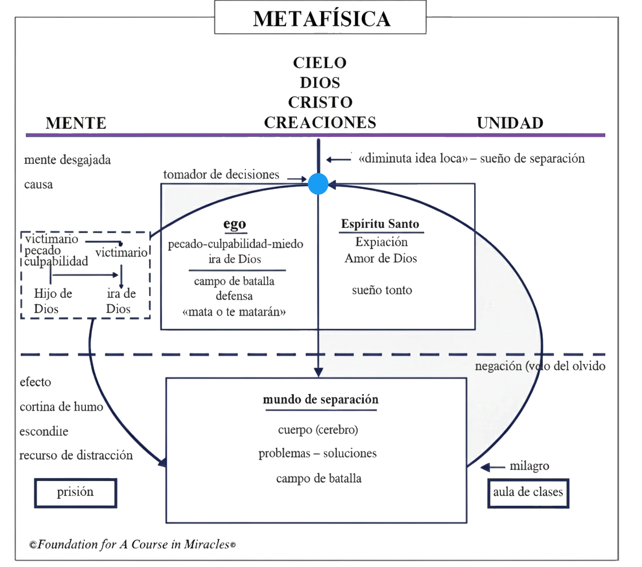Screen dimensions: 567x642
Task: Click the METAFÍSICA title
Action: pos(322,19)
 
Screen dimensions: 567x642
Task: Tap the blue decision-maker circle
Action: pos(318,184)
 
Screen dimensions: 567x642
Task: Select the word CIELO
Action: pos(320,62)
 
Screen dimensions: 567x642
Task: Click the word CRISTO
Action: pos(320,102)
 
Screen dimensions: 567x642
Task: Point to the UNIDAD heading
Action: pos(510,123)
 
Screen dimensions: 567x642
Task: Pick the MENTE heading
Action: pos(76,123)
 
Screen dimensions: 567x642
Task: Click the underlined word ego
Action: pos(235,224)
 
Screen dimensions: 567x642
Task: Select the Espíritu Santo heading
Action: pos(380,224)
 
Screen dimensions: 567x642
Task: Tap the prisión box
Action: pos(76,493)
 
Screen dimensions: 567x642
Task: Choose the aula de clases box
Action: pos(528,492)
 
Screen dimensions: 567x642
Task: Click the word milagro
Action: pos(529,466)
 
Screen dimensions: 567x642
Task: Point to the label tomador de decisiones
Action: pos(221,175)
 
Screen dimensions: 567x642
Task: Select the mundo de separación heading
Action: pos(320,400)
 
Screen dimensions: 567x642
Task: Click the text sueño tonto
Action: pos(382,290)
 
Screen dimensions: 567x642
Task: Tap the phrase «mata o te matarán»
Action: pos(235,312)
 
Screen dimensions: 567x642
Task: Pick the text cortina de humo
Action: pos(61,407)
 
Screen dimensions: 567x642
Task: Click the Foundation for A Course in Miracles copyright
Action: pos(132,545)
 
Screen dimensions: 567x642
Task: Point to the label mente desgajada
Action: pos(67,160)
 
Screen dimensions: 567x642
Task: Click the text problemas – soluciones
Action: pos(318,454)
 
